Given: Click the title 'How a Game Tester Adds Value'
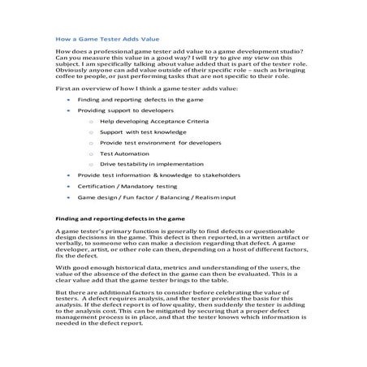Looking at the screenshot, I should click(107, 39).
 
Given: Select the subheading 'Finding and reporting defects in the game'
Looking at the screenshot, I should click(120, 218).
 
